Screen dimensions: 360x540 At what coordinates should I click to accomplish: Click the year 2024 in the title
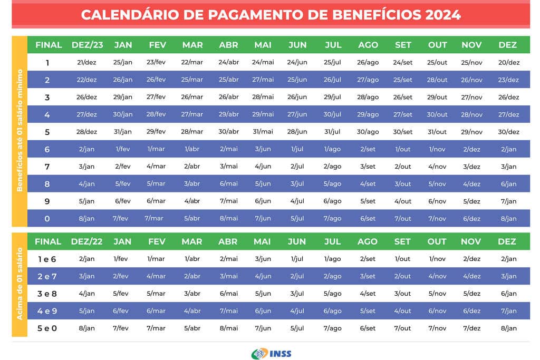441,15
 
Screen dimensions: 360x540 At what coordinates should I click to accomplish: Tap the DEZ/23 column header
87,45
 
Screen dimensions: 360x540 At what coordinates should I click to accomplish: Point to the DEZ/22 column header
87,241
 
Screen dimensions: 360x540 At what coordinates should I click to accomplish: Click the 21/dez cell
87,62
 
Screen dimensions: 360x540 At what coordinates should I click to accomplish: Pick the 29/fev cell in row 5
156,132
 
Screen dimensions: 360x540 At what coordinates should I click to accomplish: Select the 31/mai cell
263,132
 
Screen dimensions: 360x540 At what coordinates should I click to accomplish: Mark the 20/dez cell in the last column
508,62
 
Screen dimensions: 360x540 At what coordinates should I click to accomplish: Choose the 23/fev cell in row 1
156,62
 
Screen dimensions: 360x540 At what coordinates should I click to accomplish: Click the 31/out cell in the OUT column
437,132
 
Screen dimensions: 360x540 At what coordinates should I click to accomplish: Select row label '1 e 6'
47,259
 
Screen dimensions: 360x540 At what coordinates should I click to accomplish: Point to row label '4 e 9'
47,311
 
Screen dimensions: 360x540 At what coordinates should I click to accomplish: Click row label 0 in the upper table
47,219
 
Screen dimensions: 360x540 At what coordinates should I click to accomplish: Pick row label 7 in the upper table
47,167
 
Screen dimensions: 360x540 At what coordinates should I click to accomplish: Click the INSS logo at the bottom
271,353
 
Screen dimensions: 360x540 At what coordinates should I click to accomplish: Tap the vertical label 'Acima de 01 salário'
20,284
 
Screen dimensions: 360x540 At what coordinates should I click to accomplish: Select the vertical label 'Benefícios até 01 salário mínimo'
20,130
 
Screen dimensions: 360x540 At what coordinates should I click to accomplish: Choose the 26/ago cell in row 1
368,62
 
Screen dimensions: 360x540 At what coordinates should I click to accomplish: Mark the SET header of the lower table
402,241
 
